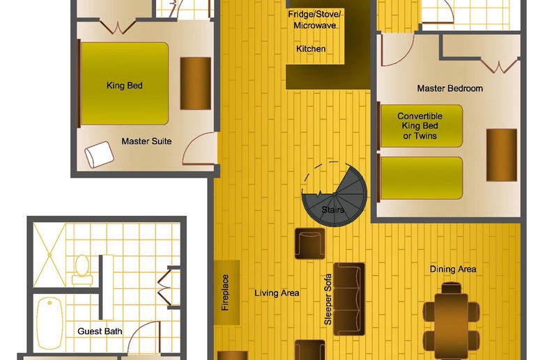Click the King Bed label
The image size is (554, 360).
coord(124,86)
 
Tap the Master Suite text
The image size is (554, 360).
coord(146,141)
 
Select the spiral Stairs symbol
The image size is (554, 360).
coord(334,194)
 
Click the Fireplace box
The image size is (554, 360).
coord(227,292)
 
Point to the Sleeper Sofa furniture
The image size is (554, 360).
coord(349,299)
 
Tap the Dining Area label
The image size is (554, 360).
coord(452,269)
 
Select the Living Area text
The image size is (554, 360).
coord(277,293)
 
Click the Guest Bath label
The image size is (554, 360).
coord(100,331)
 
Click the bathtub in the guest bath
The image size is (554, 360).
coord(49,324)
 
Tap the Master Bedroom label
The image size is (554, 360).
coord(449,88)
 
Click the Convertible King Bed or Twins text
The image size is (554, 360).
coord(420,126)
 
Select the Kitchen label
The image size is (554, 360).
coord(311,49)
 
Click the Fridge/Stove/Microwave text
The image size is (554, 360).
coord(314,19)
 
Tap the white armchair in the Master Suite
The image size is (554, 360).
coord(99,155)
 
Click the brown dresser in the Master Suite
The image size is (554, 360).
coord(195,84)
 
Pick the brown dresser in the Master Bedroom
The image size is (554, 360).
coord(502,155)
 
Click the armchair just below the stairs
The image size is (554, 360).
coord(310,244)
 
